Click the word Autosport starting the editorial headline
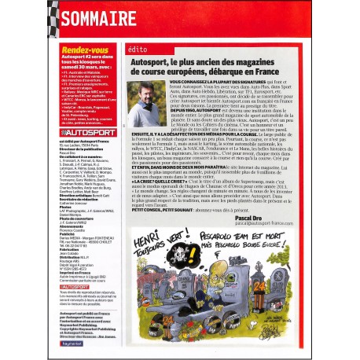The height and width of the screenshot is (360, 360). tap(157, 59)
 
